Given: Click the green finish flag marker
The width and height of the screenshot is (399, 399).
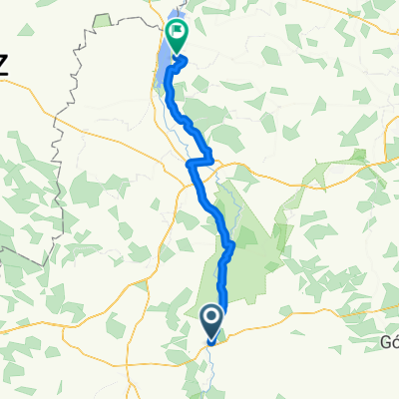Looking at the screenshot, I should tap(177, 36).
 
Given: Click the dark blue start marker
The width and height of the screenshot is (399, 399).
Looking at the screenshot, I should tap(213, 319).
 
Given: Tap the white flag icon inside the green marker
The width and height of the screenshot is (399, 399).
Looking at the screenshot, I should tap(177, 32).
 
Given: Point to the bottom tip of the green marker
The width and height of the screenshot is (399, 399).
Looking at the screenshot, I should tap(177, 53).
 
